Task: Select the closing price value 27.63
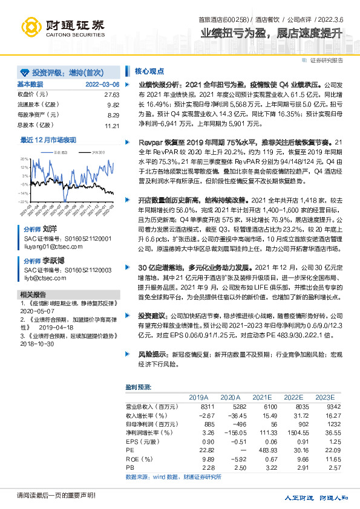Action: (x=112, y=95)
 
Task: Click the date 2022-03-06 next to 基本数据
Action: (x=102, y=85)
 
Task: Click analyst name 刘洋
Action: (x=50, y=230)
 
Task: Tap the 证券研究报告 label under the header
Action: (x=326, y=60)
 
